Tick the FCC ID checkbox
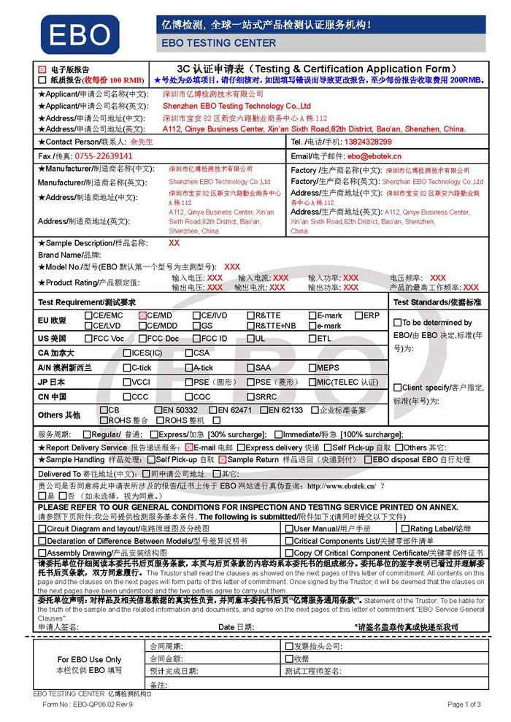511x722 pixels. (196, 339)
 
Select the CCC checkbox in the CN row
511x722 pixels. (127, 396)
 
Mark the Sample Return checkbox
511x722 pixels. (223, 460)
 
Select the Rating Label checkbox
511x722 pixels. (405, 529)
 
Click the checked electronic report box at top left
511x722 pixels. (42, 69)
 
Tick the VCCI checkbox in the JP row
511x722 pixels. (127, 382)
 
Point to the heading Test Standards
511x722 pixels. (437, 302)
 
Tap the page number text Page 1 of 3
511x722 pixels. (463, 704)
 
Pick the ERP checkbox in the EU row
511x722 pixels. (359, 315)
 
